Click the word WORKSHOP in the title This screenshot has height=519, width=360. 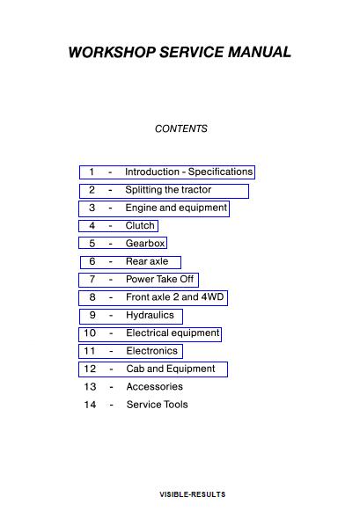coord(112,52)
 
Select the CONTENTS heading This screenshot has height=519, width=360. coord(180,128)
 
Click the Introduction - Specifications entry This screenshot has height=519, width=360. coord(188,172)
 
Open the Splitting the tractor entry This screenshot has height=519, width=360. coord(168,190)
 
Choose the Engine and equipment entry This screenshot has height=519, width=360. coord(176,208)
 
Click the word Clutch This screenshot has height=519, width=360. coord(140,225)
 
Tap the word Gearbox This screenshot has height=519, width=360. coord(145,244)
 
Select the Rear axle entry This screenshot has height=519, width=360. coord(147,261)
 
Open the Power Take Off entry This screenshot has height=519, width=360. coord(159,279)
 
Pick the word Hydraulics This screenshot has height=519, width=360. coord(150,315)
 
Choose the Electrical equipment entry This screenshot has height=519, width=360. coord(173,333)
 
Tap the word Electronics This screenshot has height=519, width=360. coord(152,351)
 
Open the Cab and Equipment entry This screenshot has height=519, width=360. coord(171,369)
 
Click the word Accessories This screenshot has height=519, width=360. coord(155,386)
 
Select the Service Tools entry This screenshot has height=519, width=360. coord(158,405)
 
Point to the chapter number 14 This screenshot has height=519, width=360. coord(90,405)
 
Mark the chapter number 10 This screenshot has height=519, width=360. coord(90,333)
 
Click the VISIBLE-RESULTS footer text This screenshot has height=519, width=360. coord(193,494)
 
